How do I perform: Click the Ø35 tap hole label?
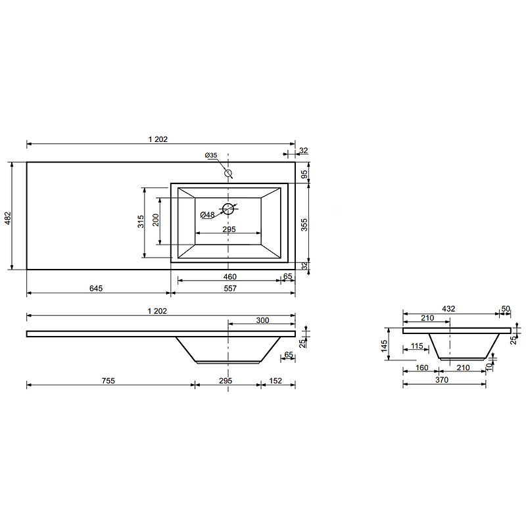(211, 155)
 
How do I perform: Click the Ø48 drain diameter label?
(207, 215)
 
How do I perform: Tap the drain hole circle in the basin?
(228, 208)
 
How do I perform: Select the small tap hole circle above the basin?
(228, 173)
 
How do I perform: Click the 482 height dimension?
(8, 218)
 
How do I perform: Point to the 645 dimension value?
(96, 288)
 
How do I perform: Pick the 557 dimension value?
(230, 288)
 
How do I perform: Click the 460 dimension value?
(230, 277)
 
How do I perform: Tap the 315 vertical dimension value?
(141, 222)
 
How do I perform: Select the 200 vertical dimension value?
(156, 220)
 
